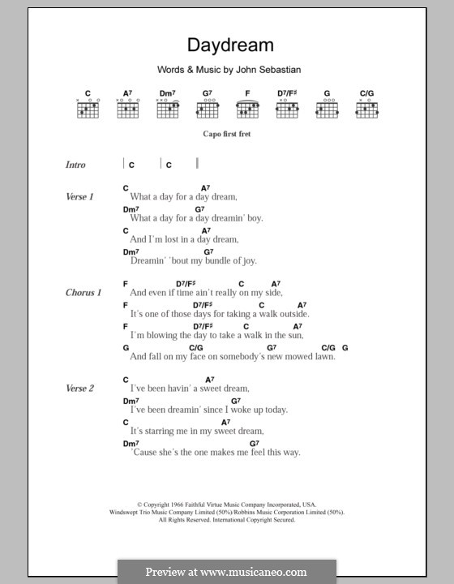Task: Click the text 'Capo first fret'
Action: tap(227, 134)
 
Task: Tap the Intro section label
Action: tap(75, 165)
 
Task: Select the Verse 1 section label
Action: tap(80, 197)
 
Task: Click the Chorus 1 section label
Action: tap(83, 292)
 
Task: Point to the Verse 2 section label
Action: tap(80, 389)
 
